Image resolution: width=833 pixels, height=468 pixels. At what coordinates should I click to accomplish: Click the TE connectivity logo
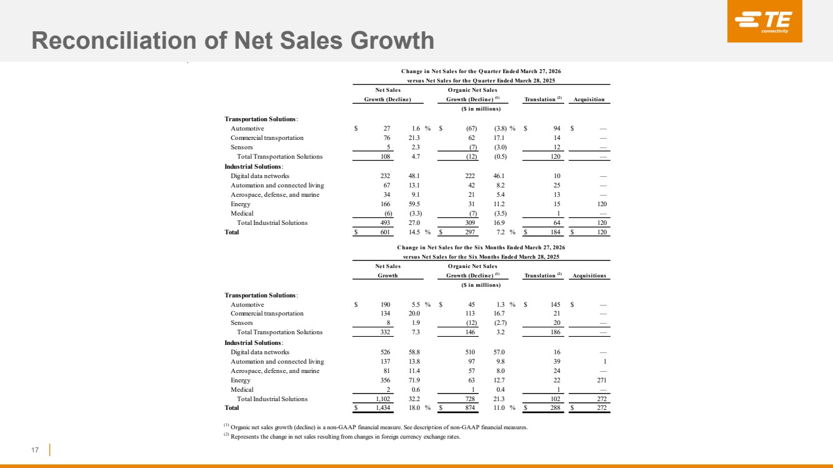click(x=764, y=21)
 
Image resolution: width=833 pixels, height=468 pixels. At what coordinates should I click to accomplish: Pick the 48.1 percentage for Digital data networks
click(x=407, y=176)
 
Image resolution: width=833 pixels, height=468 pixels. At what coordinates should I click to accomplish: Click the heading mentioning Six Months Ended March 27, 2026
click(x=481, y=247)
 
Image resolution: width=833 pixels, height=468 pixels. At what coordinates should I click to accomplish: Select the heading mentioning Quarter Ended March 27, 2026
click(x=481, y=71)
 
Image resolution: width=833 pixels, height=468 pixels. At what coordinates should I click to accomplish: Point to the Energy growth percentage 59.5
click(x=407, y=204)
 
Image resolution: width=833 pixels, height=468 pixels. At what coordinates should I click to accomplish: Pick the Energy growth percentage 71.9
click(x=407, y=380)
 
